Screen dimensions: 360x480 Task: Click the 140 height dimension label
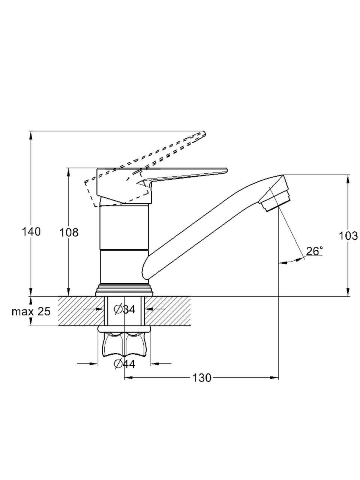click(x=31, y=232)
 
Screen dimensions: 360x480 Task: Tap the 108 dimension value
click(x=69, y=232)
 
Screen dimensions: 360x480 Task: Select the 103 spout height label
click(x=348, y=236)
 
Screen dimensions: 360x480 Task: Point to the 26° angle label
click(x=314, y=251)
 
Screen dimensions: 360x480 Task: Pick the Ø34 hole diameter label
click(x=124, y=309)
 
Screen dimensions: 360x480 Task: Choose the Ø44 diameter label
click(x=124, y=364)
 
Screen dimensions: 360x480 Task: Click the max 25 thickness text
click(x=31, y=311)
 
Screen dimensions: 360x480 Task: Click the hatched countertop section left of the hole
click(x=81, y=311)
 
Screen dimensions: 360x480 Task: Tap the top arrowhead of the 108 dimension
click(x=69, y=172)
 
